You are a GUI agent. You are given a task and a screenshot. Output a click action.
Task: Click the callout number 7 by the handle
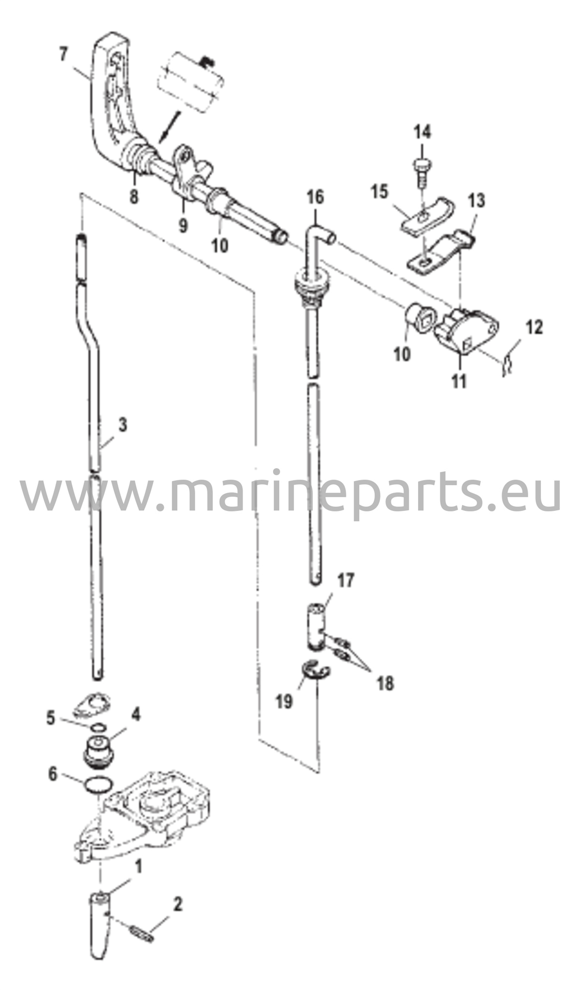tap(63, 55)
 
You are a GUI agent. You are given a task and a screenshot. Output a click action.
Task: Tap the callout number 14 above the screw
tap(422, 132)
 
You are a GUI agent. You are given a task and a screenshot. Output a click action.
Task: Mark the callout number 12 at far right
tap(534, 327)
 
